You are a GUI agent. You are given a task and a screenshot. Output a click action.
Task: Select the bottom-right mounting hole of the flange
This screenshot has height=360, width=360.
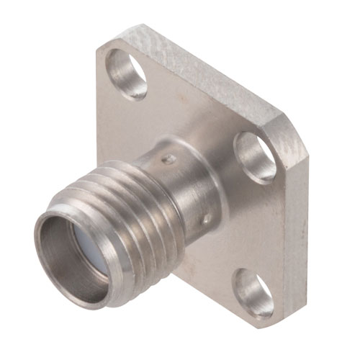pyautogui.click(x=254, y=292)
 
